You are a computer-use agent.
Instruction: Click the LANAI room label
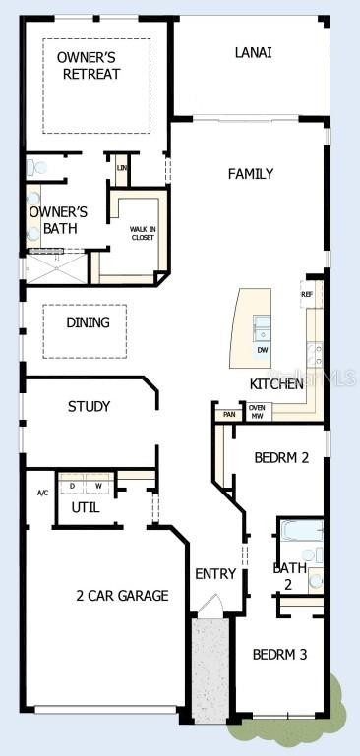(x=254, y=52)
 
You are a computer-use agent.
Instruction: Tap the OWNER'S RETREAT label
(x=89, y=66)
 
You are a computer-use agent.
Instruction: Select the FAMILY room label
(x=251, y=174)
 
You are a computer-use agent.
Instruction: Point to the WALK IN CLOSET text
(x=144, y=234)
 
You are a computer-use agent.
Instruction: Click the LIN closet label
(x=121, y=168)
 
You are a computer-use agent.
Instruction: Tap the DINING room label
(x=89, y=322)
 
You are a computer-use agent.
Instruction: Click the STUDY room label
(x=89, y=406)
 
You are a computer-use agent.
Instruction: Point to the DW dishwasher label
(x=263, y=350)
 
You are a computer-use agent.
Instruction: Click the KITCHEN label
(x=276, y=384)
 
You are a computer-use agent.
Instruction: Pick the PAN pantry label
(x=229, y=415)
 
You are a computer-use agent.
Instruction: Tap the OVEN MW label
(x=257, y=412)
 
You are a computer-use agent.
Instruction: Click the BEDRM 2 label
(x=282, y=457)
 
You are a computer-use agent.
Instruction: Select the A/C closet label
(x=42, y=493)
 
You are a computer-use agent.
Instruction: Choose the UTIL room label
(x=85, y=507)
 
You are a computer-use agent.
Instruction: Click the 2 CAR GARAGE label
(x=122, y=595)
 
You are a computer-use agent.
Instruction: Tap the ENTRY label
(x=214, y=574)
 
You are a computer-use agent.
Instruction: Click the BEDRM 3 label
(x=280, y=654)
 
